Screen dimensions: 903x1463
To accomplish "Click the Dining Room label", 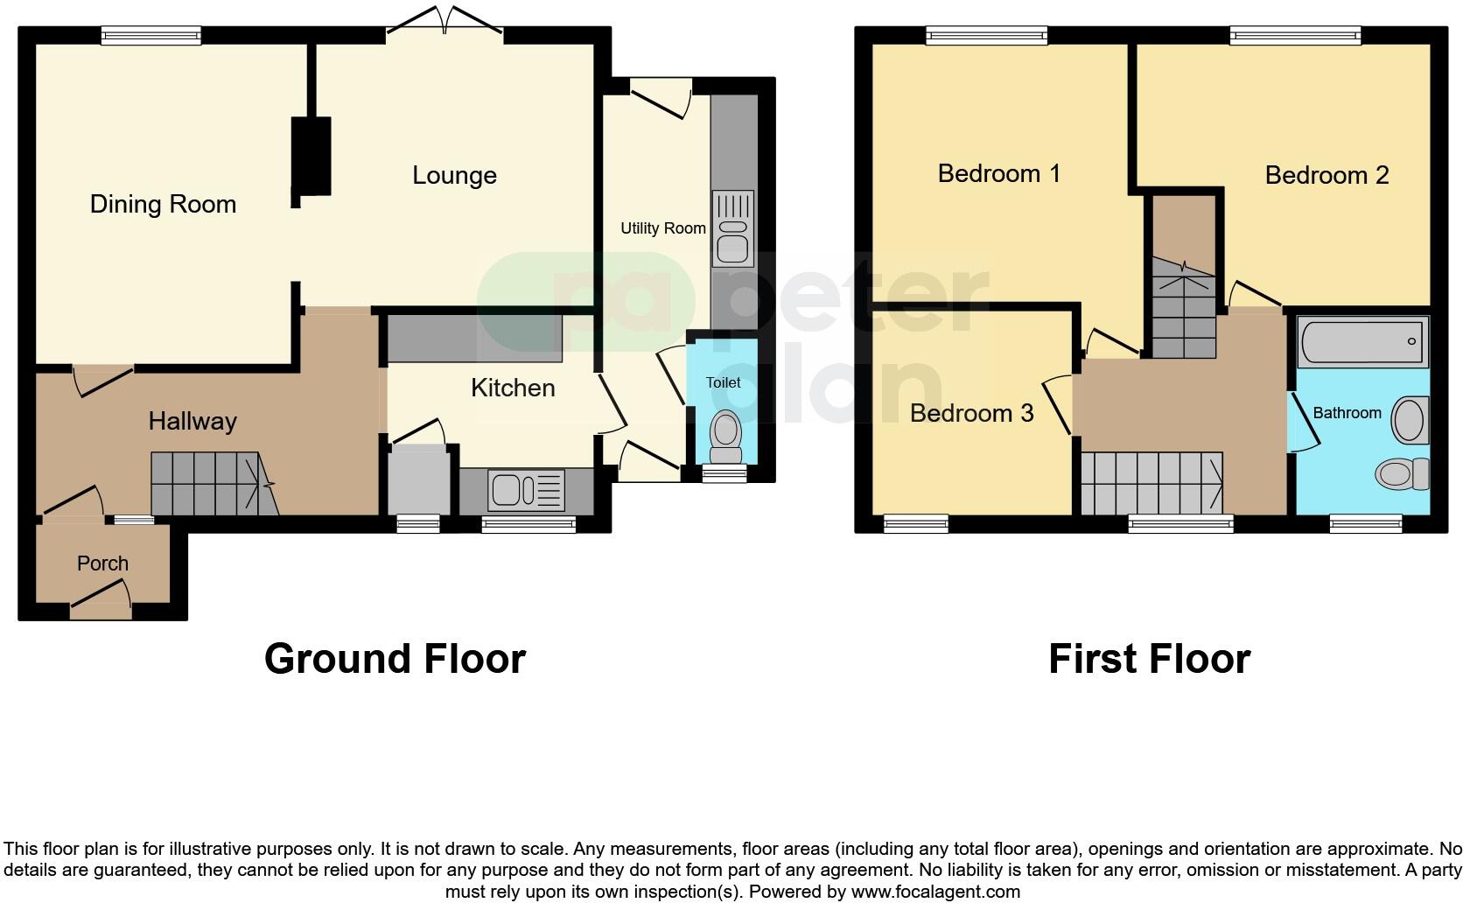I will click(x=164, y=205).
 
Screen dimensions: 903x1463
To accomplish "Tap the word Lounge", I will click(x=454, y=176).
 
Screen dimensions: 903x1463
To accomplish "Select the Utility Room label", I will click(x=662, y=228).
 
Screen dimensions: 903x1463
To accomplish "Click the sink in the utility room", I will click(x=732, y=229).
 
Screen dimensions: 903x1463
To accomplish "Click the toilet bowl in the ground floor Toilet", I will click(x=724, y=431).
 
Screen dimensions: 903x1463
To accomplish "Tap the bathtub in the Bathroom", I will click(x=1363, y=342).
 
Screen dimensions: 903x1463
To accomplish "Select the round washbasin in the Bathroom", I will click(x=1408, y=419).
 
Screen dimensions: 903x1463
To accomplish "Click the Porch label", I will click(x=102, y=563).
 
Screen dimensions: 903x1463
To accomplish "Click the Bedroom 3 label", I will click(x=971, y=413).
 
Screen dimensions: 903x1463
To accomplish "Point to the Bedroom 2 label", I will click(x=1326, y=176).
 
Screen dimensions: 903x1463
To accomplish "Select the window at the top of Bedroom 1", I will click(x=986, y=35).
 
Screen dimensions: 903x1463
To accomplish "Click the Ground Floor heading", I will click(x=395, y=659).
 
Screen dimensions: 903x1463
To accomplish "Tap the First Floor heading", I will click(x=1149, y=659).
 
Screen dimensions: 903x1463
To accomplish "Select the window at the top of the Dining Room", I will click(x=150, y=35).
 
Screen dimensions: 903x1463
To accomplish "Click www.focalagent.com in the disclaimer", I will click(x=935, y=892).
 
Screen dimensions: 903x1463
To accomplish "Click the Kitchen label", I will click(x=513, y=388).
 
